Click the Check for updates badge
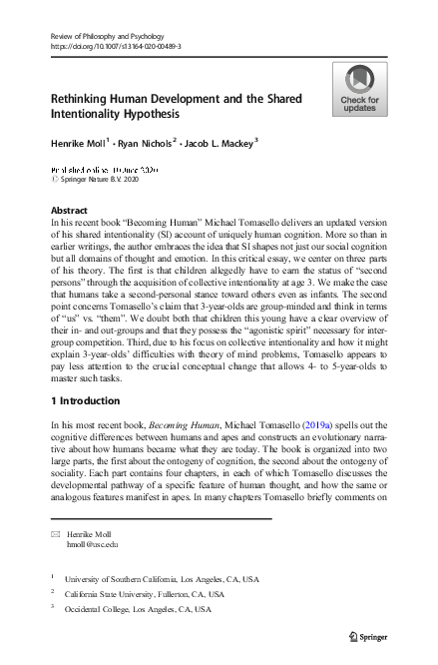pos(359,89)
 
